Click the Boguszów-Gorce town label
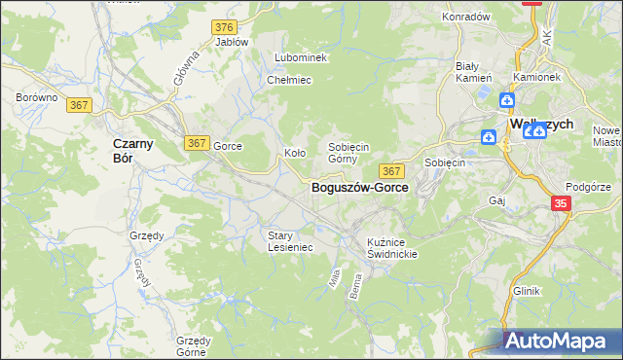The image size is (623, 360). click(x=359, y=188)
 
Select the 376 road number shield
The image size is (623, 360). click(x=226, y=26)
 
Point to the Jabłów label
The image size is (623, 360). click(x=232, y=42)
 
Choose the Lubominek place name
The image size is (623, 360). click(x=301, y=58)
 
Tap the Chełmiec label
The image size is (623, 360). click(x=288, y=80)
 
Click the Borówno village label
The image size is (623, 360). click(x=37, y=98)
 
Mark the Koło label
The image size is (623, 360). click(x=295, y=153)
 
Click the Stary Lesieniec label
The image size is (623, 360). click(x=289, y=240)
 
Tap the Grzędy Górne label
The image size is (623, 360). click(x=194, y=346)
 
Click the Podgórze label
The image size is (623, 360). click(x=587, y=187)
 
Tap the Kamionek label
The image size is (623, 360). click(x=536, y=77)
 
